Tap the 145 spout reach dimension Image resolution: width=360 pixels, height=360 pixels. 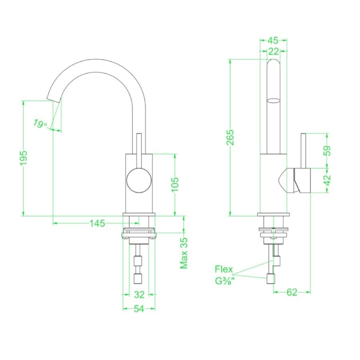click(97, 223)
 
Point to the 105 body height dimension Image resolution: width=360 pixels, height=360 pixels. click(175, 184)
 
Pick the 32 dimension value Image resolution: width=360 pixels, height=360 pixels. click(139, 295)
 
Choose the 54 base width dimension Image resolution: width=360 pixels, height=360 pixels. click(139, 309)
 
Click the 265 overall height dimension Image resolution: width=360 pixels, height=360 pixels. click(231, 138)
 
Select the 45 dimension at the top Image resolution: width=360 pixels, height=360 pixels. click(273, 40)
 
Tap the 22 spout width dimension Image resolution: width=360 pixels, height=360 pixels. click(274, 51)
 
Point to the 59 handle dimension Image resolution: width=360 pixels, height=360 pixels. click(328, 150)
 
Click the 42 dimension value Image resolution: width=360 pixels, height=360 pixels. click(328, 180)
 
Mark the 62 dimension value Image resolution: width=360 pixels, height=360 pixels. click(292, 292)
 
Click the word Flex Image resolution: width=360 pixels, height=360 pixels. click(224, 269)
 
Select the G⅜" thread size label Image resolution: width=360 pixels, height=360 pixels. click(224, 281)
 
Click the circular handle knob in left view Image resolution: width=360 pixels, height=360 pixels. click(139, 180)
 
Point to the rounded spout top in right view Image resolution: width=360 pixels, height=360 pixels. click(274, 64)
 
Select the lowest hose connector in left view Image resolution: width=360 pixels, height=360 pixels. click(138, 278)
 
